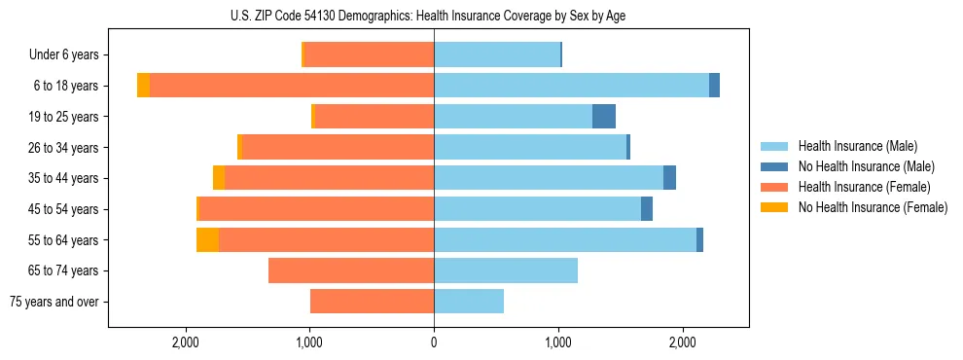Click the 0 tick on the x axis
(434, 342)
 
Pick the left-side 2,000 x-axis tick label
(185, 342)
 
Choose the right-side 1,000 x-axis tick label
(558, 342)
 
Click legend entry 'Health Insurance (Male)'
(857, 146)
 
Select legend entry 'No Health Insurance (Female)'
(873, 207)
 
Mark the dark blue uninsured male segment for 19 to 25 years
(604, 116)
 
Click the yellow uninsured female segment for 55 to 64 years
(207, 239)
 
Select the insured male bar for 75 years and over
(469, 302)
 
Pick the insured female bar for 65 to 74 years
(351, 270)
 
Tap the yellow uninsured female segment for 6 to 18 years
(143, 86)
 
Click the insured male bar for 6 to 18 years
(571, 86)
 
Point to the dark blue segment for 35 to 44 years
(669, 178)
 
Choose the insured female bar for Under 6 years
(370, 54)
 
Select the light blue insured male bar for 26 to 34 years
(530, 147)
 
